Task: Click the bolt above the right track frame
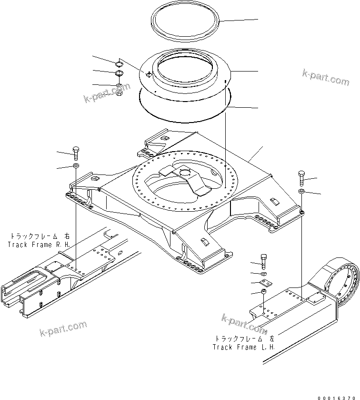[x=75, y=153]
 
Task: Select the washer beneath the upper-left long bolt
[x=75, y=165]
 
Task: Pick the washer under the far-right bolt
[x=301, y=192]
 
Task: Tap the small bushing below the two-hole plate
[x=263, y=292]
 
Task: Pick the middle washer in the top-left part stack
[x=119, y=74]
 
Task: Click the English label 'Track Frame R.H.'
[x=39, y=244]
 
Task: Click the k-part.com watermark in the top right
[x=326, y=77]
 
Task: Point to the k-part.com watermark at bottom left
[x=64, y=328]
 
